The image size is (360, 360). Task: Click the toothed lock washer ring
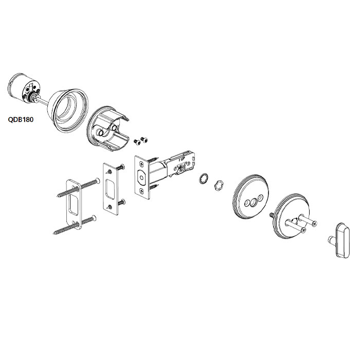click(204, 179)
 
